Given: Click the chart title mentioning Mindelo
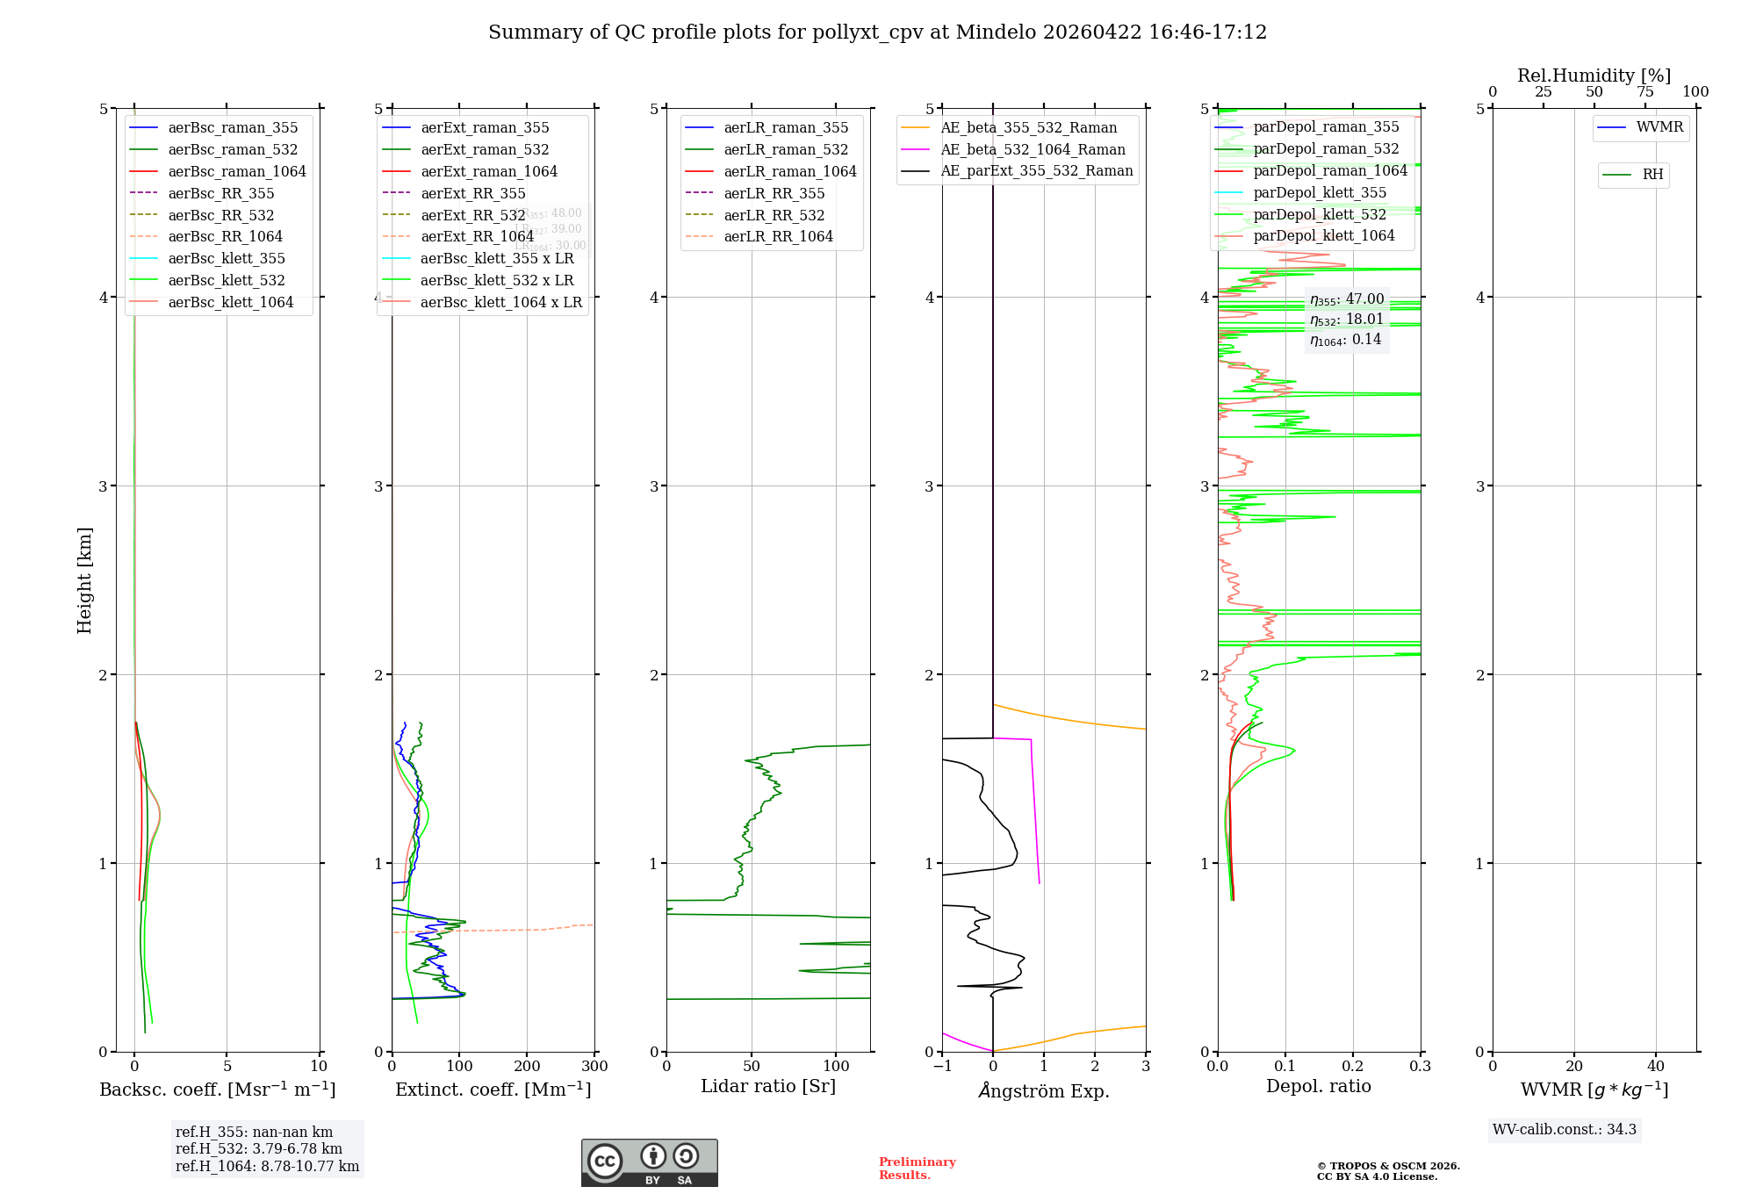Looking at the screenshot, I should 877,32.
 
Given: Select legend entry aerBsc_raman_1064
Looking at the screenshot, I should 237,171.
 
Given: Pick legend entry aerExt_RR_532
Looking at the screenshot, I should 472,215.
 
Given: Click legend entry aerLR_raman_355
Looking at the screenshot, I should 786,128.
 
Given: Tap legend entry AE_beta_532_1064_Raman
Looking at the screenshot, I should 1033,149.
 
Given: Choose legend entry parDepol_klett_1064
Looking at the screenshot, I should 1323,235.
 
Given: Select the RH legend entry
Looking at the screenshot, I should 1652,175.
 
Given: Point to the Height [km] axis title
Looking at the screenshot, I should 84,579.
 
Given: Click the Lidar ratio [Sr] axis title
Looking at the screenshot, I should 768,1086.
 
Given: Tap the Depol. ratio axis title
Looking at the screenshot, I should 1318,1086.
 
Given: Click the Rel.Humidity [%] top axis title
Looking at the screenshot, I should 1594,76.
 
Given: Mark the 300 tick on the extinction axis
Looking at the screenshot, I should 594,1067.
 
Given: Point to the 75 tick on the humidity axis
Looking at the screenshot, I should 1644,92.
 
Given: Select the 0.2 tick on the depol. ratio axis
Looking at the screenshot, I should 1353,1067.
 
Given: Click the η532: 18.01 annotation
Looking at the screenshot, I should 1346,320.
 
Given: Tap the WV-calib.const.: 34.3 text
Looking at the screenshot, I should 1564,1129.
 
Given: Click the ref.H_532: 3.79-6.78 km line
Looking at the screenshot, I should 258,1148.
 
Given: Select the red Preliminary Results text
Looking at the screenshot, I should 917,1168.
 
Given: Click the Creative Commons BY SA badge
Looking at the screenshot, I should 649,1162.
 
